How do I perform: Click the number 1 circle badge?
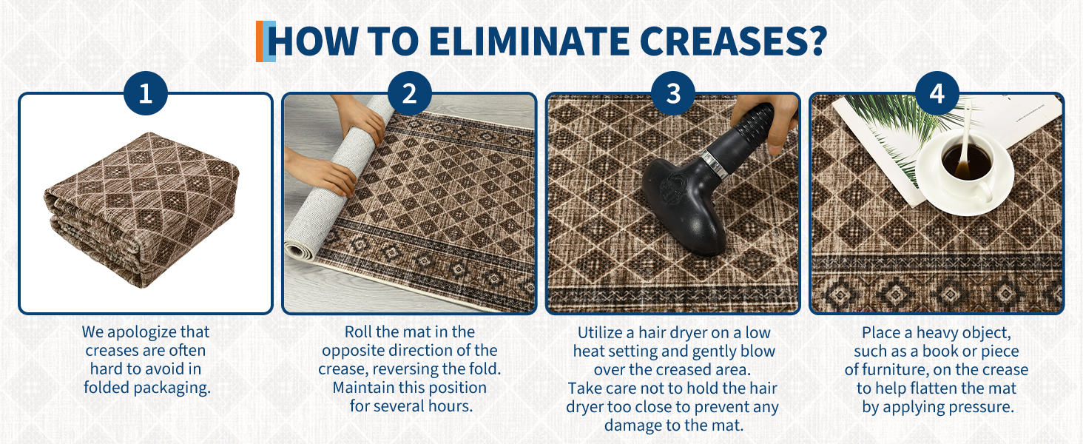(146, 94)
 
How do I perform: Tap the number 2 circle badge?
(409, 94)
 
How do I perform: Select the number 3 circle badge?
(672, 94)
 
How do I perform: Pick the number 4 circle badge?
(937, 94)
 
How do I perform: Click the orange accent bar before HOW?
(260, 41)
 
